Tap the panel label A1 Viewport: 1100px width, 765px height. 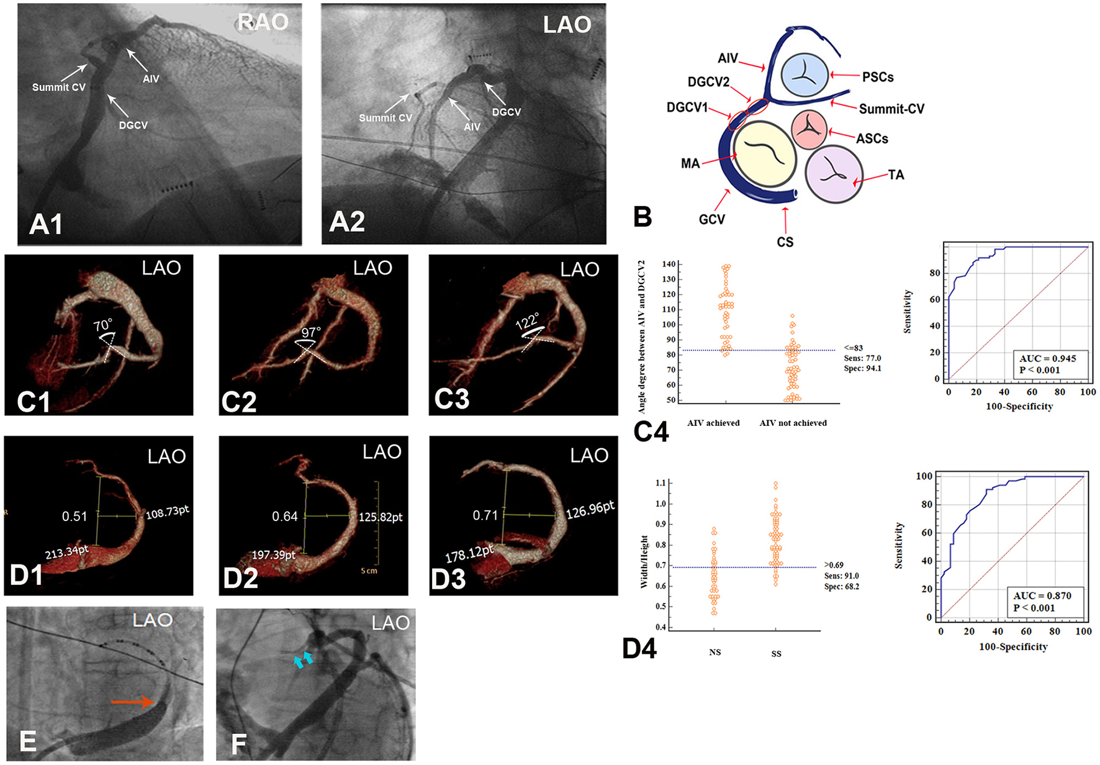coord(46,224)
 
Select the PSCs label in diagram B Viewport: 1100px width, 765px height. coord(878,78)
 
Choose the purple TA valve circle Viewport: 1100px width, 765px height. coord(834,174)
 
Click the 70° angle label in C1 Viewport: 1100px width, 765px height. coord(102,325)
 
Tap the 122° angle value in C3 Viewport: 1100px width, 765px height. coord(527,322)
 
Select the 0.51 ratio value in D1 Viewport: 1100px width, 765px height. coord(74,517)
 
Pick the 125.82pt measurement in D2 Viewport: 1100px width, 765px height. coord(381,517)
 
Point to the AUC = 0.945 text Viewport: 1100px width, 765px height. coord(1048,358)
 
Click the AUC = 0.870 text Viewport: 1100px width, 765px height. coord(1042,595)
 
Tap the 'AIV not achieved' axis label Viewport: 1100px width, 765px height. coord(793,423)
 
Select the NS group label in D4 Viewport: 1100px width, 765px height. coord(715,652)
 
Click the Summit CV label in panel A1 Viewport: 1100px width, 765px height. coord(59,88)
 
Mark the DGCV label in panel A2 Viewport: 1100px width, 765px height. coord(507,112)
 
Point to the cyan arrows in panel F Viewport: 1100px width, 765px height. coord(303,661)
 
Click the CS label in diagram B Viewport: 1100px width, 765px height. coord(785,242)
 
